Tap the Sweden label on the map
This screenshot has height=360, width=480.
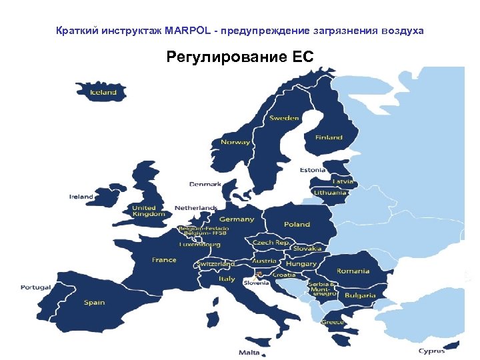click(284, 118)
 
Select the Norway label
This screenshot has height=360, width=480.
click(235, 142)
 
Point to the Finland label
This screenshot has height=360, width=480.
click(329, 137)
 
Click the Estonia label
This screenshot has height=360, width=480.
click(312, 170)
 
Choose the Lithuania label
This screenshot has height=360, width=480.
click(330, 193)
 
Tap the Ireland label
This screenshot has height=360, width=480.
click(81, 197)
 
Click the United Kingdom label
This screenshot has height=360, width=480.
click(148, 211)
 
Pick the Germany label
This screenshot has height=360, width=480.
click(237, 219)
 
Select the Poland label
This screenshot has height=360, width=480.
click(297, 224)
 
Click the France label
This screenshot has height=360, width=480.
click(164, 260)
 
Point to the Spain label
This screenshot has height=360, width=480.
click(94, 303)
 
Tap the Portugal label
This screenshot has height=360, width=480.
click(35, 287)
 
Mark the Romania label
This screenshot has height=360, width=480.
click(353, 271)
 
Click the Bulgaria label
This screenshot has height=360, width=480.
click(360, 295)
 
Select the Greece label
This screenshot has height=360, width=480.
click(333, 322)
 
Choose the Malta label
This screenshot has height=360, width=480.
click(249, 352)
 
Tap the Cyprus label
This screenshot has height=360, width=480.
click(431, 351)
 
